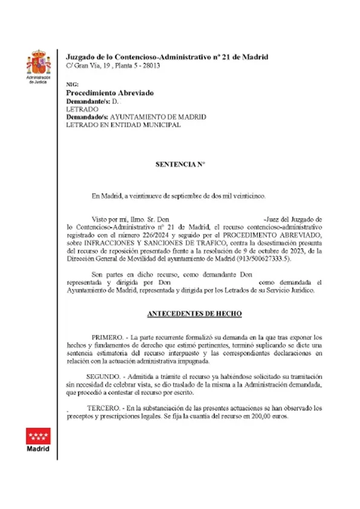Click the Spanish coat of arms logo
pyautogui.click(x=38, y=63)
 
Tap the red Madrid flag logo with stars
pyautogui.click(x=38, y=435)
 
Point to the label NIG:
pyautogui.click(x=71, y=85)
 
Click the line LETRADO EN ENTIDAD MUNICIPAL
pyautogui.click(x=123, y=125)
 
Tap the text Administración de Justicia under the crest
pyautogui.click(x=38, y=80)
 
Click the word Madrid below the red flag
pyautogui.click(x=38, y=450)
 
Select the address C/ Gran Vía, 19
pyautogui.click(x=87, y=65)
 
